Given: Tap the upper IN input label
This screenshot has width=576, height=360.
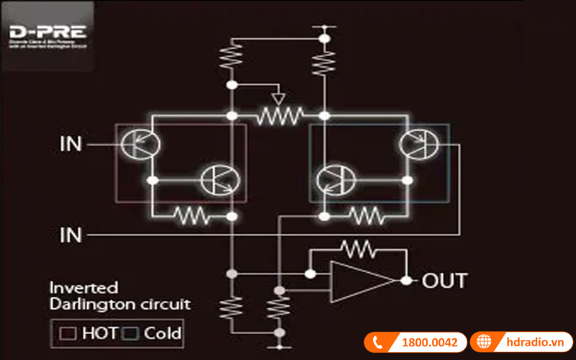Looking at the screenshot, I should [x=71, y=145].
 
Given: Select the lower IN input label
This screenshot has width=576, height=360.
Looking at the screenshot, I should [x=71, y=235].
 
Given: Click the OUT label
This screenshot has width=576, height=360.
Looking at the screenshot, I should [x=444, y=280].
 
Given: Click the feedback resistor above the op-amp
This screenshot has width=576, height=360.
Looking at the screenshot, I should [x=358, y=250].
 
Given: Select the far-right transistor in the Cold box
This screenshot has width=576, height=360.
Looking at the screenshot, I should [x=417, y=144].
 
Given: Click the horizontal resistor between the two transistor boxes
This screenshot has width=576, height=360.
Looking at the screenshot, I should [x=278, y=115].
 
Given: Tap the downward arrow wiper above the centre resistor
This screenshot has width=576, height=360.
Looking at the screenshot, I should [x=278, y=97].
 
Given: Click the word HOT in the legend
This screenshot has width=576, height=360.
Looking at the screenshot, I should [x=99, y=333].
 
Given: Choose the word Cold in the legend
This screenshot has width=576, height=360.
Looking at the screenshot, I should [x=163, y=333].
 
